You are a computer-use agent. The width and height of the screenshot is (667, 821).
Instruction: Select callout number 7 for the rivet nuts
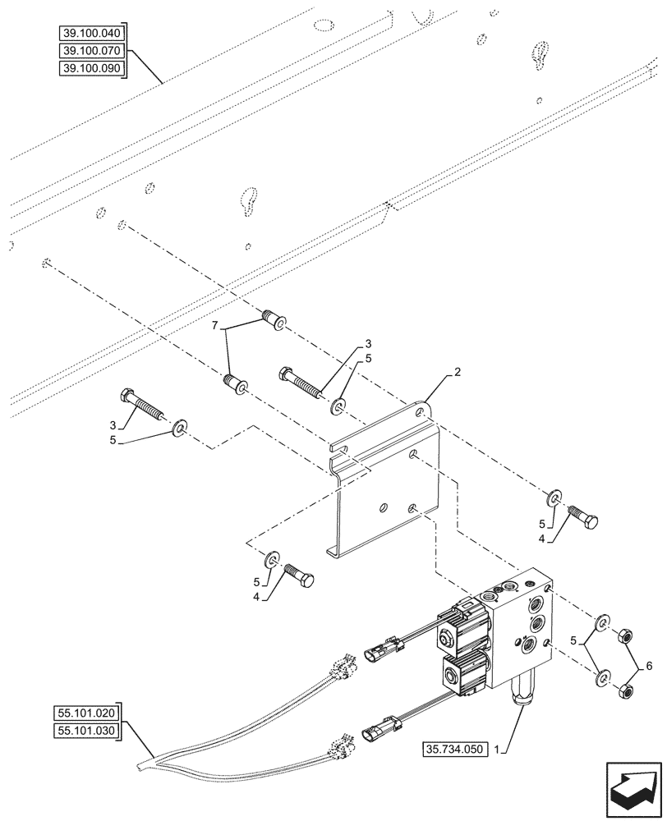coord(215,328)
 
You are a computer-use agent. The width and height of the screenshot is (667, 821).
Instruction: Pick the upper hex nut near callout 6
coord(623,635)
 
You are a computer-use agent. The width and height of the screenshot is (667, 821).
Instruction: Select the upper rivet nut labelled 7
coord(273,320)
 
